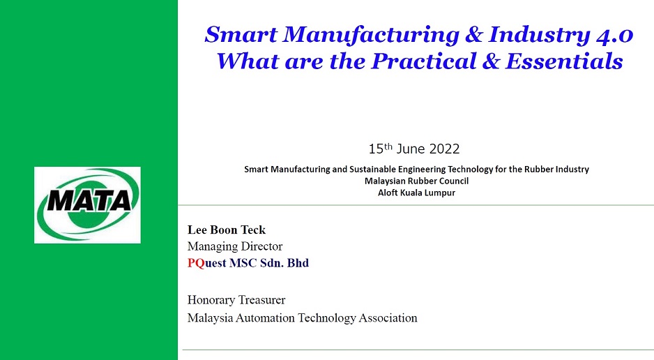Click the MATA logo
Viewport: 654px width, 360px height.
88,205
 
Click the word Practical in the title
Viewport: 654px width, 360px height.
424,61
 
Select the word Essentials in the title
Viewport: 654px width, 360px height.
564,61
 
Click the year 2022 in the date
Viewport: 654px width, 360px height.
444,149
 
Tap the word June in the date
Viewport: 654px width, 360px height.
411,149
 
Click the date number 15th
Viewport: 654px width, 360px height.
381,148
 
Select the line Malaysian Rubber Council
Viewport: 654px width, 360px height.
417,181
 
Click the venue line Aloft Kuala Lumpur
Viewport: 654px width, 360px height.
417,193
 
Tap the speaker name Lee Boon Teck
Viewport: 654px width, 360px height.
227,230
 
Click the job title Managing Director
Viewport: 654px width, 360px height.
235,246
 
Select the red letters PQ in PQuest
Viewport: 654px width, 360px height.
196,263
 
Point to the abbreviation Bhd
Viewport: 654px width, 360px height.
298,263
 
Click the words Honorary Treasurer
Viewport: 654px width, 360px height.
236,300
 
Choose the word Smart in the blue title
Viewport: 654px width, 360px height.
241,35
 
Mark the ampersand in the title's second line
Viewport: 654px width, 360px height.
492,61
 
